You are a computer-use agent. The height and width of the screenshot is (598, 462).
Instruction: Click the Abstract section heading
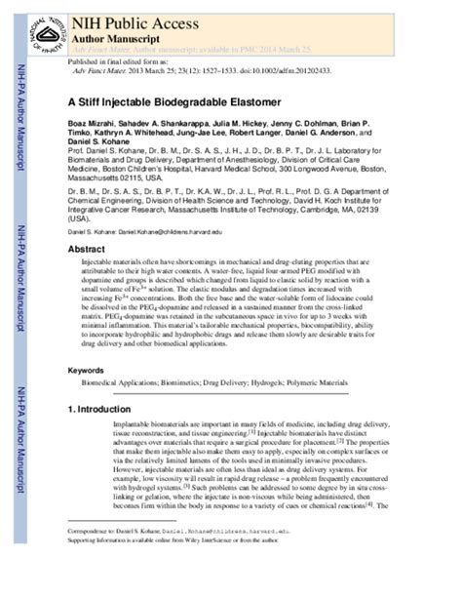(87, 251)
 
